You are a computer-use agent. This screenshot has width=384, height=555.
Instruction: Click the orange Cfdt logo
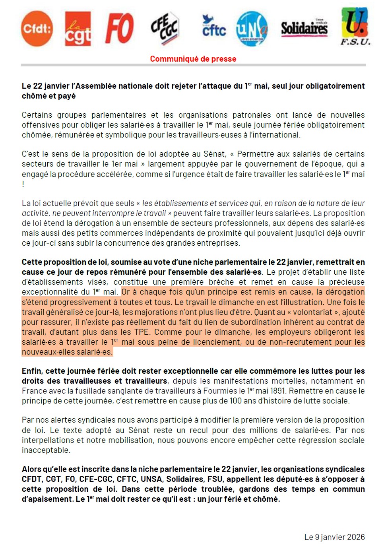(37, 29)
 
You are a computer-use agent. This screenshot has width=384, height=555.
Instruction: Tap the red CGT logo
(78, 29)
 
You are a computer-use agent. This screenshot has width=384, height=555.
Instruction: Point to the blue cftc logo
(213, 27)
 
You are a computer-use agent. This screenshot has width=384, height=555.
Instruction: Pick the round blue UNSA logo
(252, 28)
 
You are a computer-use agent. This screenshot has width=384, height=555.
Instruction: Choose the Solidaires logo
(304, 28)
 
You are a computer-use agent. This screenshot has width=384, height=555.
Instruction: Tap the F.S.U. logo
(355, 27)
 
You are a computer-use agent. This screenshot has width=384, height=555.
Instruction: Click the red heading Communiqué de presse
(193, 59)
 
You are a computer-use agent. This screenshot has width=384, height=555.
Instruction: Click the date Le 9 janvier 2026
(334, 537)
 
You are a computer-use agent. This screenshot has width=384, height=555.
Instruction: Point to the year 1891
(276, 391)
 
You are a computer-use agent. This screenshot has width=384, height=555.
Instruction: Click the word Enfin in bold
(32, 371)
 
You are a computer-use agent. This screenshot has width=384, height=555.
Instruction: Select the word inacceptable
(46, 450)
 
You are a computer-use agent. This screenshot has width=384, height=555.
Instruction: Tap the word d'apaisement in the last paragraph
(48, 499)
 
